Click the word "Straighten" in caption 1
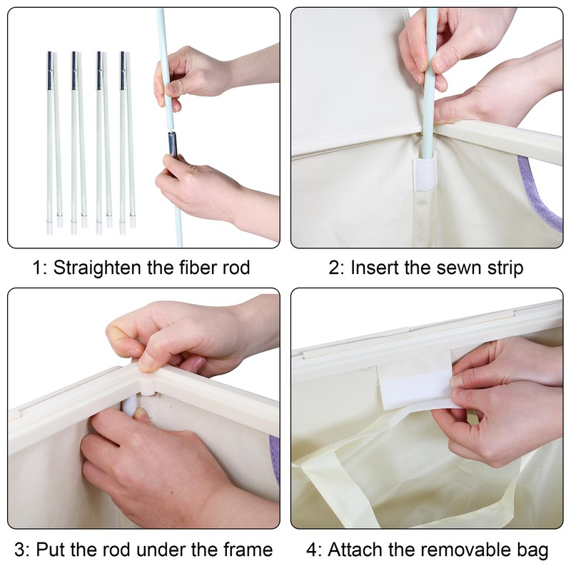[x=98, y=268]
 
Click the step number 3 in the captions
[x=20, y=550]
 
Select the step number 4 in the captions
[x=312, y=550]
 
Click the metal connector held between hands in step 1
[x=172, y=145]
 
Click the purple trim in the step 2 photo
[x=537, y=196]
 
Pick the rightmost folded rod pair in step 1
[x=127, y=142]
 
